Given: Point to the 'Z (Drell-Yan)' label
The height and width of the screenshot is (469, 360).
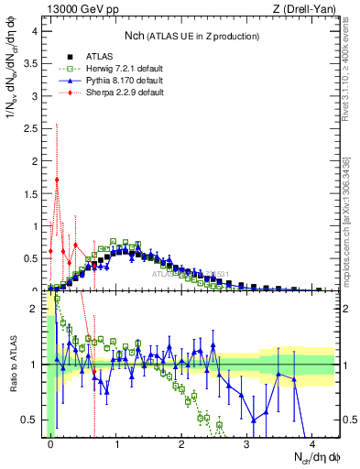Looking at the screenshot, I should click(308, 9).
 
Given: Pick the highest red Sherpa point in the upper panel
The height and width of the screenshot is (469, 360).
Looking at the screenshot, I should click(57, 180).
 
